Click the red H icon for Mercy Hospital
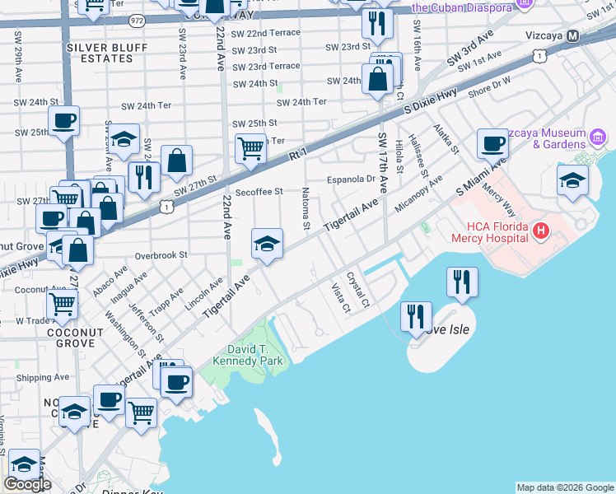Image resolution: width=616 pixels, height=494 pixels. click(540, 230)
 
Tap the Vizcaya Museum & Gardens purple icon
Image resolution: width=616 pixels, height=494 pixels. click(598, 135)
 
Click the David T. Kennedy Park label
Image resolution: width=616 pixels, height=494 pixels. click(247, 355)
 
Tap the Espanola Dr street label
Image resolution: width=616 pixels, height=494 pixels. click(351, 178)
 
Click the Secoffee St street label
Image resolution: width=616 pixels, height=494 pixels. click(259, 192)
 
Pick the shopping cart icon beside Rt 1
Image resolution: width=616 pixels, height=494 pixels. click(250, 148)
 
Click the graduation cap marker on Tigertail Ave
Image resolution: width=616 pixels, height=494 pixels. click(267, 244)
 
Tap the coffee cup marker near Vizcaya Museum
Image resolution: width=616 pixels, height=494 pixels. click(492, 143)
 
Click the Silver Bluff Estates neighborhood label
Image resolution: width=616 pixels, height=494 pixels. click(100, 53)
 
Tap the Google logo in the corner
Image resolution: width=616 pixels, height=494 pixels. click(27, 484)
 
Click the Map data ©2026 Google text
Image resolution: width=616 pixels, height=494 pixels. click(564, 487)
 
